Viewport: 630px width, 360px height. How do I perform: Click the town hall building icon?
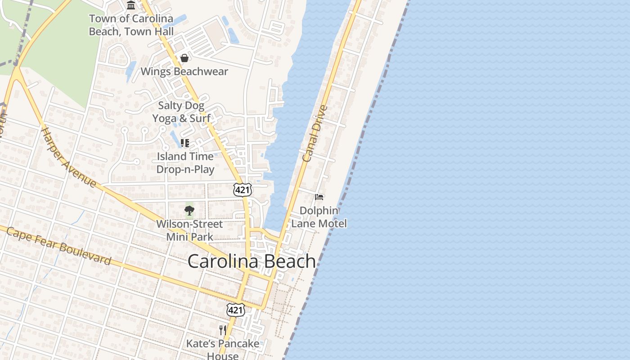(131, 5)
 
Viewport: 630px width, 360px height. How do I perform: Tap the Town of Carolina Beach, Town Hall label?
(131, 25)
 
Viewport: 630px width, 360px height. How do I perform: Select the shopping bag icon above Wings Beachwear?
(184, 58)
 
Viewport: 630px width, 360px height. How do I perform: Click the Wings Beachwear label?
(184, 72)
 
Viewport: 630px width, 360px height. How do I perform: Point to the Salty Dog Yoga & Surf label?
(181, 112)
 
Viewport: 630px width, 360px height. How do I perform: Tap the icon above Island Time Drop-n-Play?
(184, 143)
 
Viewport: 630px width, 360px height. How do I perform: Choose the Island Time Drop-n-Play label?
(185, 162)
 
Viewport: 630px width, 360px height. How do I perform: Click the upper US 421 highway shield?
(242, 190)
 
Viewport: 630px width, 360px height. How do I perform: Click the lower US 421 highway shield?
(236, 310)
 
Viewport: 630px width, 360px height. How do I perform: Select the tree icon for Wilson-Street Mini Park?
(189, 210)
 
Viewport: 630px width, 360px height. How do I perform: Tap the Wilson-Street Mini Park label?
(189, 230)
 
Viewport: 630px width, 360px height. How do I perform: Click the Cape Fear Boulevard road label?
(58, 246)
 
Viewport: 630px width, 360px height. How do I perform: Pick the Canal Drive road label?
(314, 134)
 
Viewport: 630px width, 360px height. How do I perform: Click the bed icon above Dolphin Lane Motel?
(319, 197)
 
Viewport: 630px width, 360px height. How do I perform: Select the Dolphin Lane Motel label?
(319, 217)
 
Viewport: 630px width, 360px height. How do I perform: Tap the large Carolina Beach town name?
(252, 261)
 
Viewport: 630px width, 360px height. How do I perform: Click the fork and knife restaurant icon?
(223, 330)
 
